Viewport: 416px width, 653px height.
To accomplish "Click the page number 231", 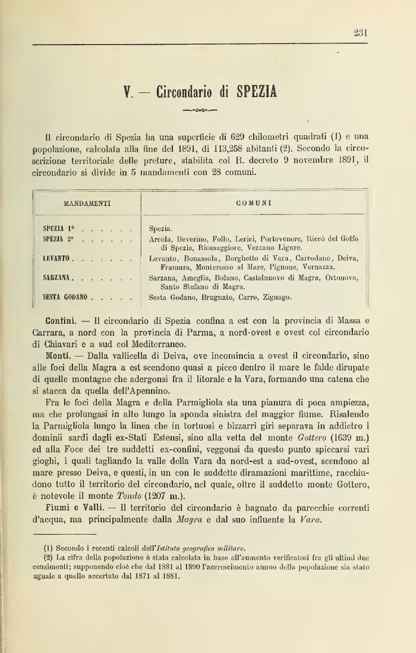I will coord(360,34).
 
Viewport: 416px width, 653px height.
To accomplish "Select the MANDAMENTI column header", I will coord(87,203).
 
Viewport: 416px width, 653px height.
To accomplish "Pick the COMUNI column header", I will coord(254,203).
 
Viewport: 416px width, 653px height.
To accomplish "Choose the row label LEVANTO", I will coord(57,258).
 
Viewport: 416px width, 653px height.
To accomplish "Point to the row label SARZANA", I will coord(58,277).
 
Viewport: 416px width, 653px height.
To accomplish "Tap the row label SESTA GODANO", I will coord(65,296).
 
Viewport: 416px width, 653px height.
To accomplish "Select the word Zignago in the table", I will coord(274,297).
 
